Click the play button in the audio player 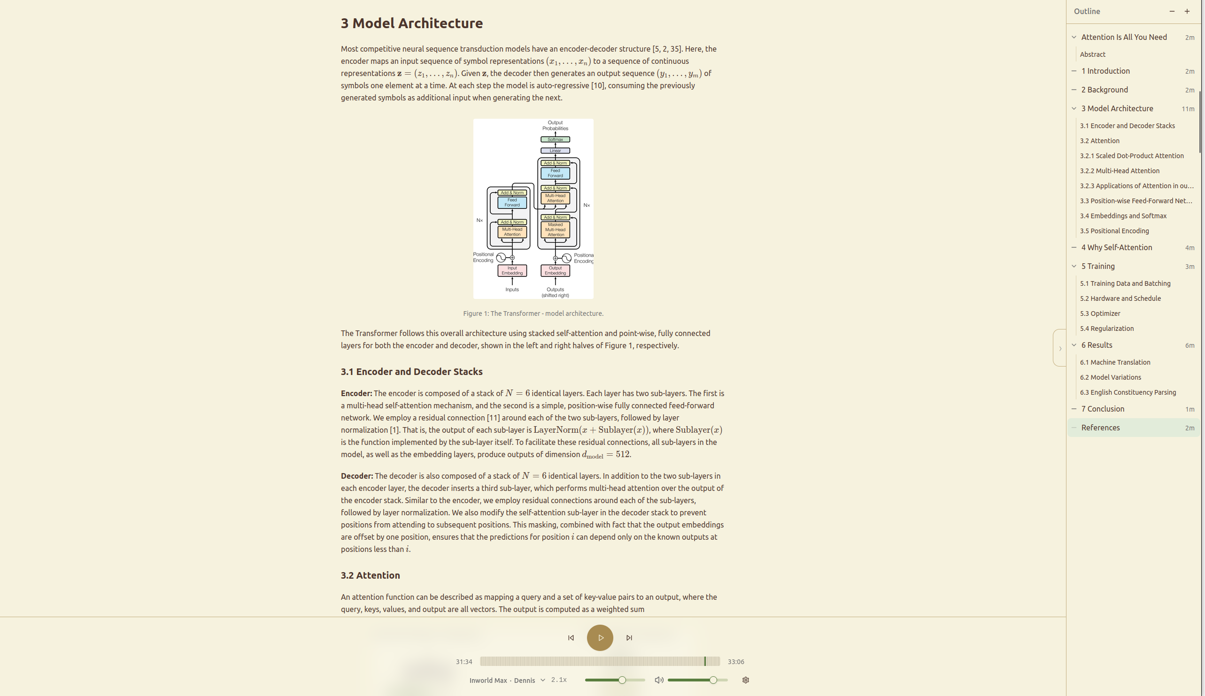point(600,638)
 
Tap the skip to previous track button point(571,638)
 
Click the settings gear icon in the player point(745,680)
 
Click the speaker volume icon point(659,680)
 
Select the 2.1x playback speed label point(559,680)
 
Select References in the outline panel point(1100,428)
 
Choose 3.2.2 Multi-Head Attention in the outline point(1120,171)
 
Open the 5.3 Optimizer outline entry point(1100,314)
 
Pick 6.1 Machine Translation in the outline point(1115,362)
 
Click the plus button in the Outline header point(1187,11)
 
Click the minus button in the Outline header point(1172,11)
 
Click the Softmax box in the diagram point(555,139)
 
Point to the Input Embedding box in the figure point(512,270)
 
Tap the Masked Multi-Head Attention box point(555,230)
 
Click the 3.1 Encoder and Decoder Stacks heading point(411,372)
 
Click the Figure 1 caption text point(533,314)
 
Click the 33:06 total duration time point(735,662)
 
